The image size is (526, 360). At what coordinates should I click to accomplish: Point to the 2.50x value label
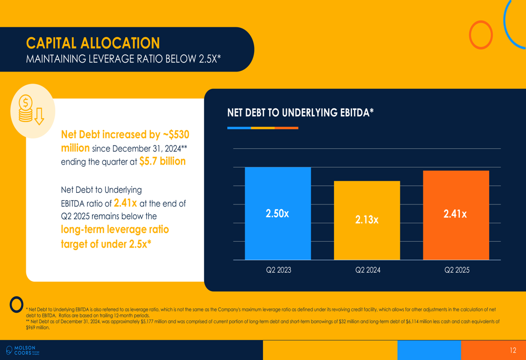click(x=277, y=213)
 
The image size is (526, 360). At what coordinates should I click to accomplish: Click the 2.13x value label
click(x=367, y=220)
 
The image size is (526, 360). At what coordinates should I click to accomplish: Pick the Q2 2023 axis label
click(x=278, y=270)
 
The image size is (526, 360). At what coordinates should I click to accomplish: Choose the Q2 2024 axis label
click(x=368, y=270)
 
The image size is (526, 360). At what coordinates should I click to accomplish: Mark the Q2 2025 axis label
click(x=457, y=270)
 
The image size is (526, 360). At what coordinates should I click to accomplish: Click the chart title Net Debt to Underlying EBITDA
click(x=300, y=112)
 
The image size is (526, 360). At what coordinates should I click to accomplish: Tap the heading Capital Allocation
click(x=93, y=43)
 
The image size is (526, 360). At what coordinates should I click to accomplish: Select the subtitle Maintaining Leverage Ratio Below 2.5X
click(x=123, y=59)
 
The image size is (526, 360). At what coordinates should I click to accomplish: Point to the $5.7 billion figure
click(x=162, y=161)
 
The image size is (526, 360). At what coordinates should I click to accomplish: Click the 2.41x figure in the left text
click(x=126, y=202)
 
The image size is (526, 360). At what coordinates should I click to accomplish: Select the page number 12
click(x=513, y=351)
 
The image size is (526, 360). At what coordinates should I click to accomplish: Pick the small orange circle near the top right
click(x=481, y=35)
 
